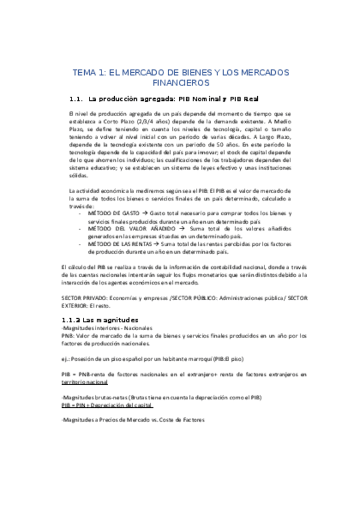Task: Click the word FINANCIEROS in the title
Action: coord(180,82)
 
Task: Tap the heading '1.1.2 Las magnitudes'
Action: coord(100,319)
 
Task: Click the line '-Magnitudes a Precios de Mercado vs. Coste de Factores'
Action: coord(133,420)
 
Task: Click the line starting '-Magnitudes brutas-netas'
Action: coord(162,398)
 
